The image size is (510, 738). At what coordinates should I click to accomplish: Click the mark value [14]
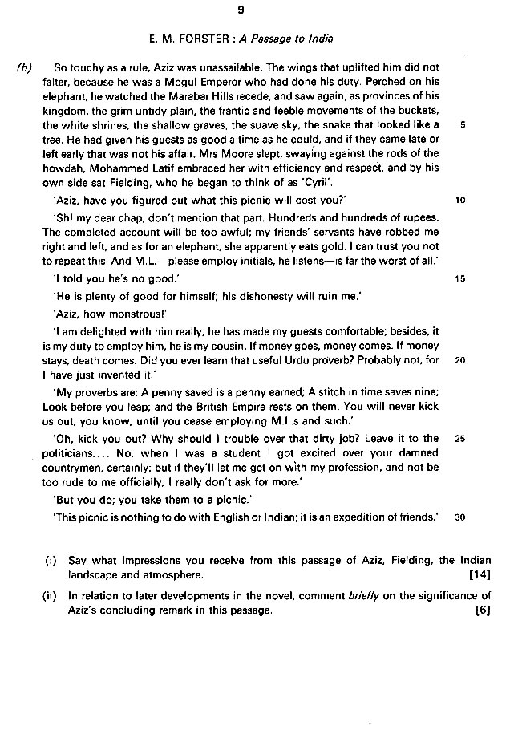[x=479, y=575]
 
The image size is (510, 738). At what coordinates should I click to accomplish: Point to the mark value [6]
[x=482, y=611]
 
